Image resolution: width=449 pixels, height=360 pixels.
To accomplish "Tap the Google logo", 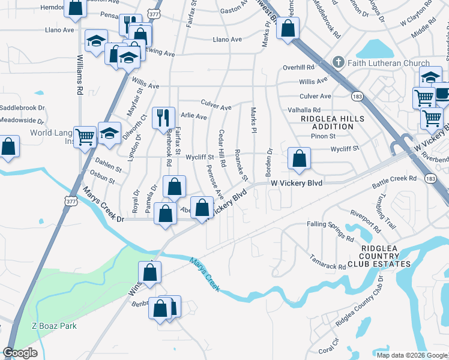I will [20, 353].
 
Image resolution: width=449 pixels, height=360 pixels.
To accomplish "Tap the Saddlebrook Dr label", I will [22, 108].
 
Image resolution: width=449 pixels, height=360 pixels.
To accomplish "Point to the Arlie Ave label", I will [194, 116].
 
